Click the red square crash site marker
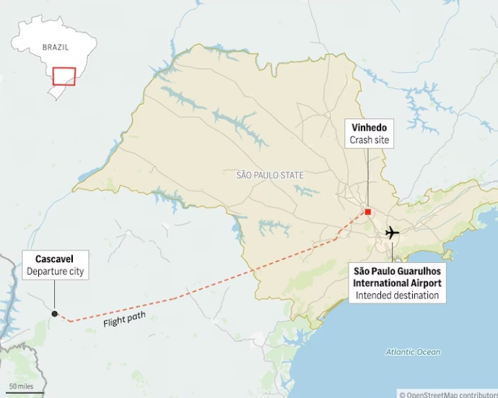coord(367,212)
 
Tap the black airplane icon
coord(392,233)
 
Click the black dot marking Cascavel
coord(54,313)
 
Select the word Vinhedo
coord(368,128)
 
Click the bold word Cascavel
coord(54,259)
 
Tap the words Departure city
coord(55,272)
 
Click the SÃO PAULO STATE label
coord(270,175)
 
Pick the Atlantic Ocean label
coord(413,352)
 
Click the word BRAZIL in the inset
coord(56,47)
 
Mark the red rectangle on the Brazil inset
coord(64,76)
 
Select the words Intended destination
coord(397,295)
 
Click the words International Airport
coord(397,283)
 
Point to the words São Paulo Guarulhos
coord(397,272)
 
